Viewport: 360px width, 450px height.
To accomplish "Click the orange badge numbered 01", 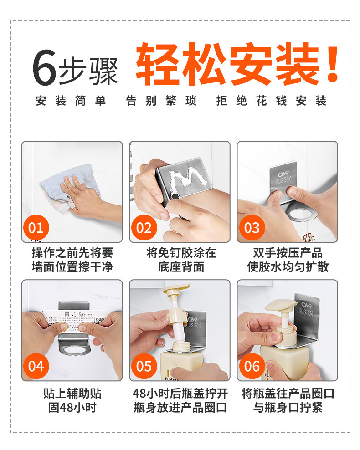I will (x=36, y=227).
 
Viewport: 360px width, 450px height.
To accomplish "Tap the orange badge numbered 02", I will (x=144, y=227).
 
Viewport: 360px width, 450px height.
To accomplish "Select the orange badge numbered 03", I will (x=252, y=227).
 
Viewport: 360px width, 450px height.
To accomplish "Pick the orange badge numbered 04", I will (x=36, y=366).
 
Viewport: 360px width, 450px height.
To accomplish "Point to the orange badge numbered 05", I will (x=144, y=366).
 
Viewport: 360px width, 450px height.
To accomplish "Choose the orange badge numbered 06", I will (x=252, y=366).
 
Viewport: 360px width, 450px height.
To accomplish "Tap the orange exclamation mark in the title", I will (x=333, y=64).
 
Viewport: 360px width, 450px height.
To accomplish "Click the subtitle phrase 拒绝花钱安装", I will (x=272, y=101).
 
